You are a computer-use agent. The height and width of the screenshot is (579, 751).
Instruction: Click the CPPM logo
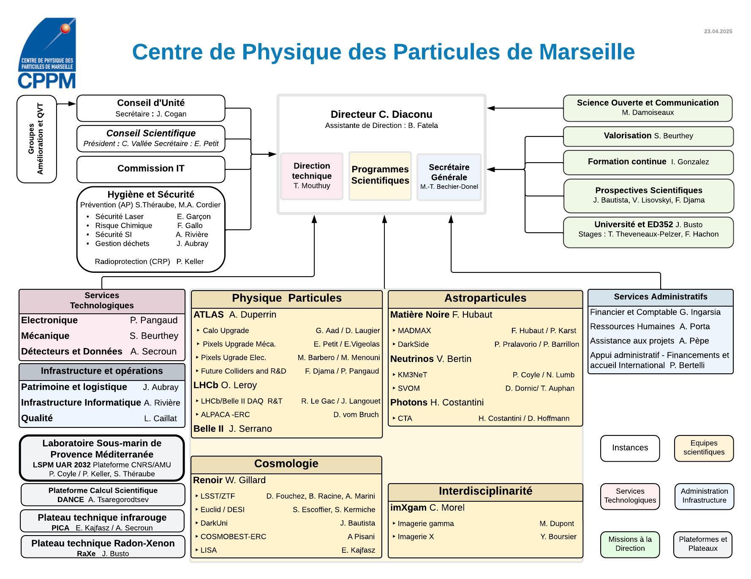point(47,53)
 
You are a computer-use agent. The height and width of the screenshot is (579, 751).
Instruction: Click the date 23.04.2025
point(718,32)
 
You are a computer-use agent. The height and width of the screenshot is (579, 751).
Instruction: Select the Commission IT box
point(151,169)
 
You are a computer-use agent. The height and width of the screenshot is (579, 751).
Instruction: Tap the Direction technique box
point(312,176)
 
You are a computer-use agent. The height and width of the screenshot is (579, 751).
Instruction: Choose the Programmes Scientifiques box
point(380,175)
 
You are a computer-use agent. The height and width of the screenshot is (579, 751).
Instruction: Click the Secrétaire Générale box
point(449,177)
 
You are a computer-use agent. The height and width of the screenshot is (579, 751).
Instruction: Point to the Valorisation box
point(648,136)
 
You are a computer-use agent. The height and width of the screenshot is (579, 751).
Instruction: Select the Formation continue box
point(648,162)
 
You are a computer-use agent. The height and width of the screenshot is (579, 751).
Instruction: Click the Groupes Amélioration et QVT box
point(37,139)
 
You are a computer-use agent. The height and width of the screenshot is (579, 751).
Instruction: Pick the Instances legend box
point(630,448)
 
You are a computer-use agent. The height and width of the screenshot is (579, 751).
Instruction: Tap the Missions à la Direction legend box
point(630,544)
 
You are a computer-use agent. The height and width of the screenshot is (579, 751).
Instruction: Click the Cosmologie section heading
point(286,464)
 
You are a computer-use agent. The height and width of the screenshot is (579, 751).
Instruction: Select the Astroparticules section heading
point(485,299)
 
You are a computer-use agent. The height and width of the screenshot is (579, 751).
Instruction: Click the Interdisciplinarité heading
point(485,492)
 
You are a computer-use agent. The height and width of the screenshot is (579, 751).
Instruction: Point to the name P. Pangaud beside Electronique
point(154,321)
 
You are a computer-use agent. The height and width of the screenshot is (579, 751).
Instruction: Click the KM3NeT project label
point(412,375)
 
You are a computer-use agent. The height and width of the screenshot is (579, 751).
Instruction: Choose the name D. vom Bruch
point(356,415)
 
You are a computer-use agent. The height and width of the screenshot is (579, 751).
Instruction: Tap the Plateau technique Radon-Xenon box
point(103,547)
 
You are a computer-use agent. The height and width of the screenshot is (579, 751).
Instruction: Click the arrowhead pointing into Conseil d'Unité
point(72,103)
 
